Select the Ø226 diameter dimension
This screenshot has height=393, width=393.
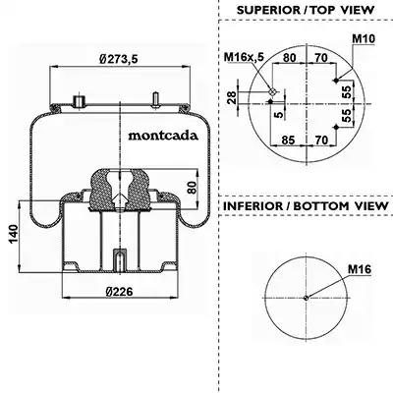[119, 291]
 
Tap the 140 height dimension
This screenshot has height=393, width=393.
[14, 234]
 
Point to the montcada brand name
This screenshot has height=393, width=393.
[163, 136]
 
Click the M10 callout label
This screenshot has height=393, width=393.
[364, 38]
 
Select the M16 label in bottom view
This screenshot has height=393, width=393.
[360, 269]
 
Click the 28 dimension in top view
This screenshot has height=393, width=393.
[232, 97]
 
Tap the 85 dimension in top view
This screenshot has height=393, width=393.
[288, 140]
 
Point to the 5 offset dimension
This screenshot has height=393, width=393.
[278, 115]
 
